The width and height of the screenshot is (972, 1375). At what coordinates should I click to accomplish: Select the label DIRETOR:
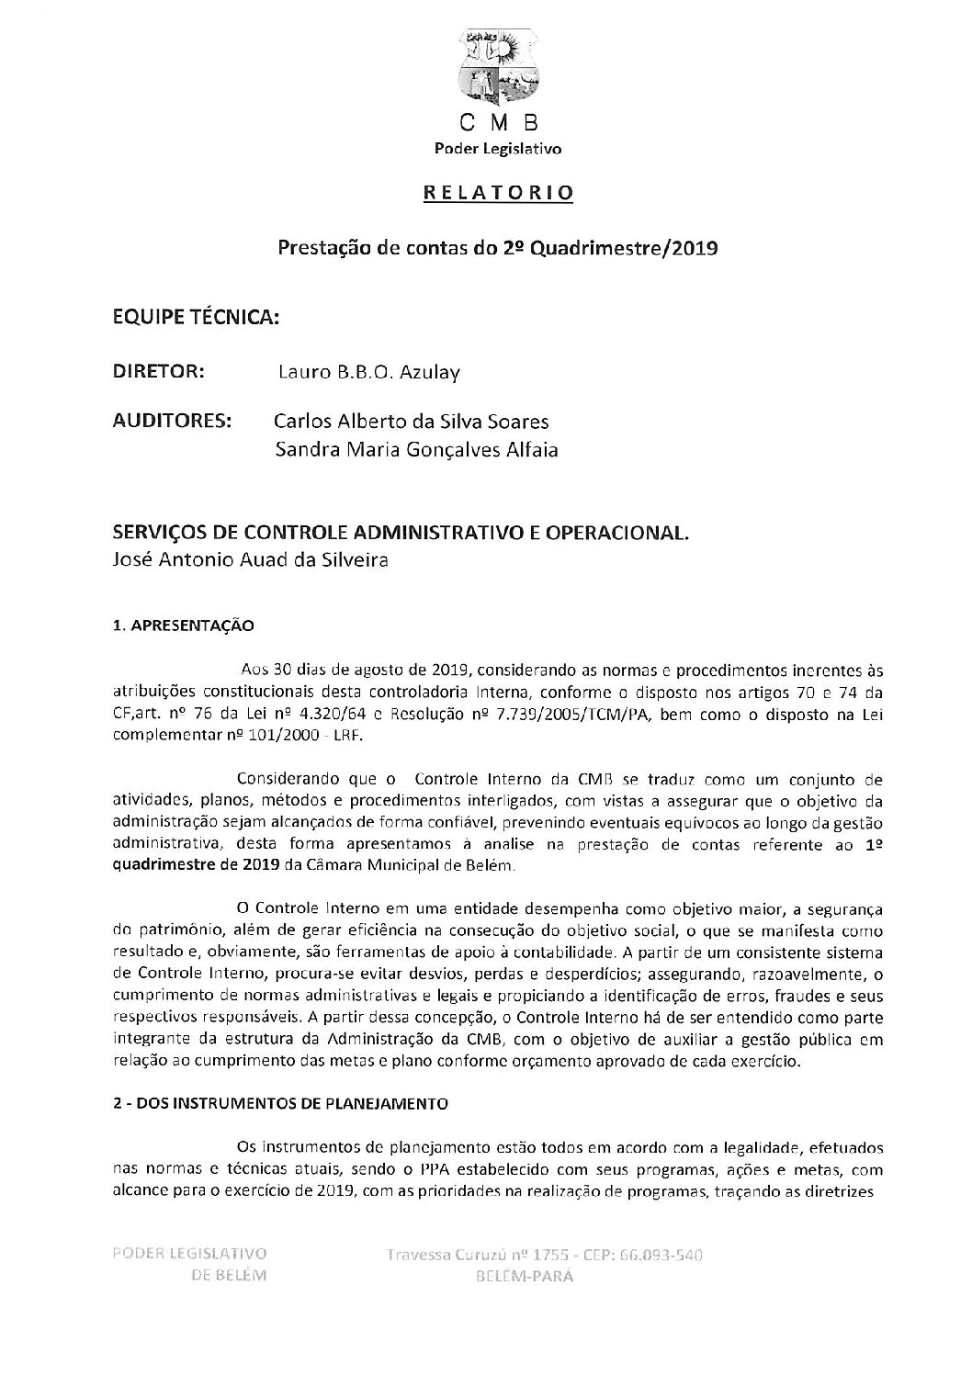tap(158, 372)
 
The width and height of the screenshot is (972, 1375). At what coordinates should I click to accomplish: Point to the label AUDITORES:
tap(171, 422)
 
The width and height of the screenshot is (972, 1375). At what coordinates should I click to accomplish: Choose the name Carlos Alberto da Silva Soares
tap(411, 422)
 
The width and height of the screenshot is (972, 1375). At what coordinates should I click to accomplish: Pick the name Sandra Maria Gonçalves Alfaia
tap(415, 450)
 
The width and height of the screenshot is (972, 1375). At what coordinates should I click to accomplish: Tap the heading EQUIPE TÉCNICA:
tap(195, 317)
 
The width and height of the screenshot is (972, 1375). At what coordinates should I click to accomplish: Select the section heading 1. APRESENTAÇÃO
tap(182, 626)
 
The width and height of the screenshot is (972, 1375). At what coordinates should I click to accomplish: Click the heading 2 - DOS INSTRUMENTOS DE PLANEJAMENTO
tap(279, 1105)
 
